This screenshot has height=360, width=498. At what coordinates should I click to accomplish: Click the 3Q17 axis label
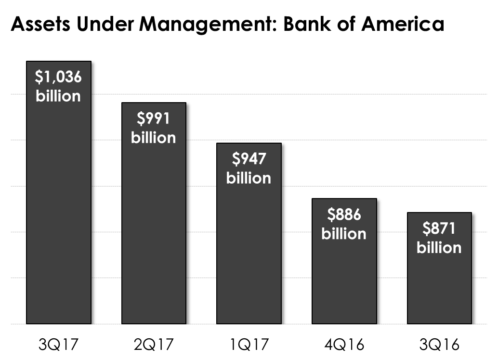(58, 345)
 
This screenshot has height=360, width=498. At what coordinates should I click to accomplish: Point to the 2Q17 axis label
(154, 345)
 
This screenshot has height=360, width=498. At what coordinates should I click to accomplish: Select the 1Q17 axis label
(249, 345)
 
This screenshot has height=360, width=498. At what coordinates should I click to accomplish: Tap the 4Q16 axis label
(344, 345)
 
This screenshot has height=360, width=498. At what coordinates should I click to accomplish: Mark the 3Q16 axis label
(439, 345)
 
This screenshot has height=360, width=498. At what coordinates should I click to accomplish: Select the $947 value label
(249, 160)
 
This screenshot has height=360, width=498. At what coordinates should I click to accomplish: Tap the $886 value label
(344, 215)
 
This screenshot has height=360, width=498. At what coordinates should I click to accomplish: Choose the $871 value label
(439, 229)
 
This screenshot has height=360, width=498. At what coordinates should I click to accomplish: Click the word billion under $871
(439, 247)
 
